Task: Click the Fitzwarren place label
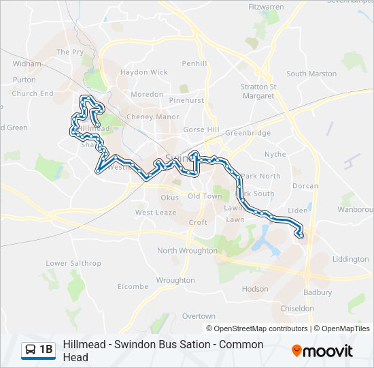265,7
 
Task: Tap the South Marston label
311,74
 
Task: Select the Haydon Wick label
143,72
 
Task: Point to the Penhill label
194,63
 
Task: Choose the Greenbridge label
248,133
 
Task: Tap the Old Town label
205,196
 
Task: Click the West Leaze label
155,213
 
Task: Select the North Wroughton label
187,251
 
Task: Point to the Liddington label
351,259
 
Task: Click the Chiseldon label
297,308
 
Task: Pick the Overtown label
199,316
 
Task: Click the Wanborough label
356,209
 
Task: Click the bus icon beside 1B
31,350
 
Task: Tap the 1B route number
46,350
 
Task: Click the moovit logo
322,351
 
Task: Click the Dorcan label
305,185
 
